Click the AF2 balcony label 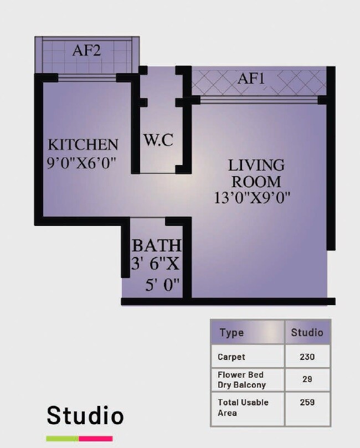click(x=86, y=51)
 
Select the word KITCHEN click(x=83, y=145)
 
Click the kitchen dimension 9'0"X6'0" click(x=85, y=163)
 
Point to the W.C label click(x=158, y=140)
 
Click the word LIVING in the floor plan click(x=256, y=165)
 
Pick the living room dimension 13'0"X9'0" click(x=253, y=198)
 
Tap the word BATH click(x=156, y=245)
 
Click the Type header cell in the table click(x=232, y=333)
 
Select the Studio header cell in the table click(x=307, y=333)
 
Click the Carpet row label click(x=232, y=357)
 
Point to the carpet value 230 click(x=307, y=357)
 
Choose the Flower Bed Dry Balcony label click(x=241, y=380)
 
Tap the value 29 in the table click(x=307, y=380)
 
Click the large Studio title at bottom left click(x=85, y=415)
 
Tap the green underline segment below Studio click(x=62, y=439)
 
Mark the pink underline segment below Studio click(x=96, y=439)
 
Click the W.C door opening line click(x=158, y=173)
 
